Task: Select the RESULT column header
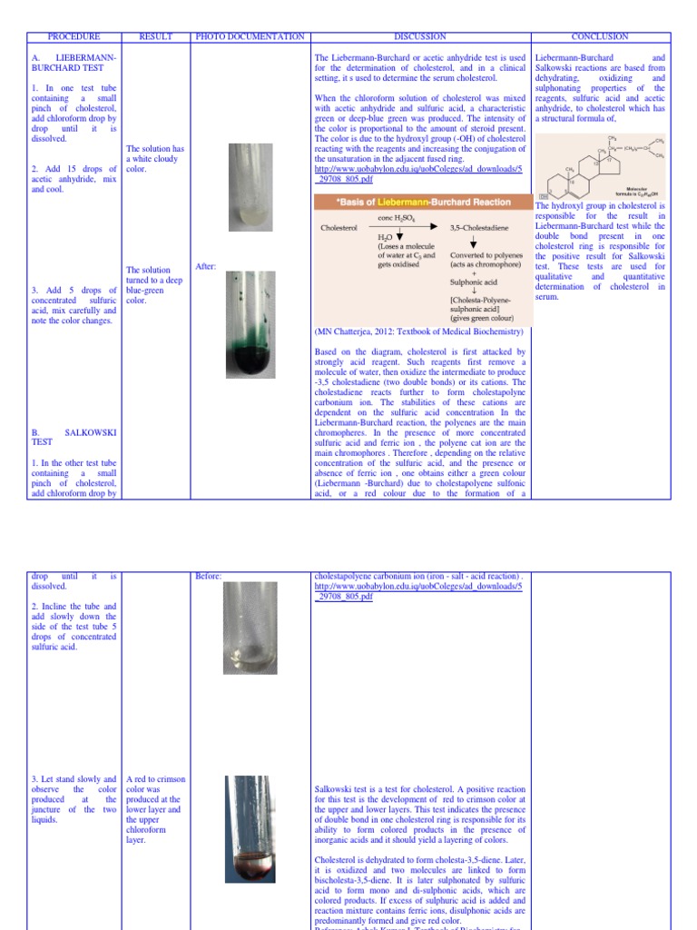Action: click(x=155, y=37)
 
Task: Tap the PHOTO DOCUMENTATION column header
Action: click(x=250, y=37)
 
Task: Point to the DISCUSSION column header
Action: click(x=419, y=37)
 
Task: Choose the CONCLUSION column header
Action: click(x=600, y=37)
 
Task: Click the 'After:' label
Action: click(x=206, y=266)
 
